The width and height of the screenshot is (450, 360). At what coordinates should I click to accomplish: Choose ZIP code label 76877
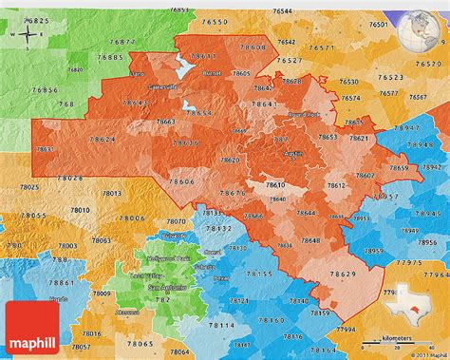[122, 43]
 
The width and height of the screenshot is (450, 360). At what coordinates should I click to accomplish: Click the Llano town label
[139, 73]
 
